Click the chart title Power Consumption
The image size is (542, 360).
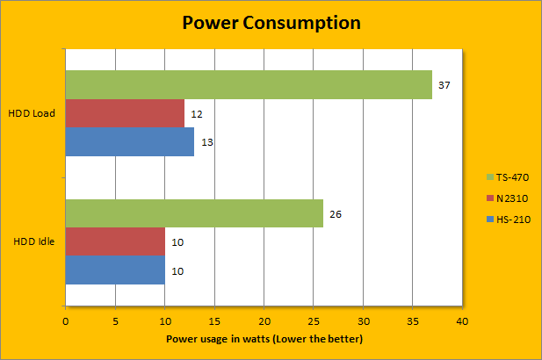(271, 22)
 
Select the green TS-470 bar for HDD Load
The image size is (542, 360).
(249, 84)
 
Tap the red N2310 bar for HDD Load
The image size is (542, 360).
(125, 113)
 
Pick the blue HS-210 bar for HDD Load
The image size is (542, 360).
(130, 142)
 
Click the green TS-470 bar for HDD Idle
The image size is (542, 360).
(194, 213)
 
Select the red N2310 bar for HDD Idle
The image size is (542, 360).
(115, 241)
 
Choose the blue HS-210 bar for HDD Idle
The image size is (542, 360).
(115, 270)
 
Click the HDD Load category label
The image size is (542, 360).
(33, 114)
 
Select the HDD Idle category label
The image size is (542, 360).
(35, 242)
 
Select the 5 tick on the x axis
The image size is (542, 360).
(115, 322)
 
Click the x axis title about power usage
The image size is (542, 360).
(264, 339)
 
